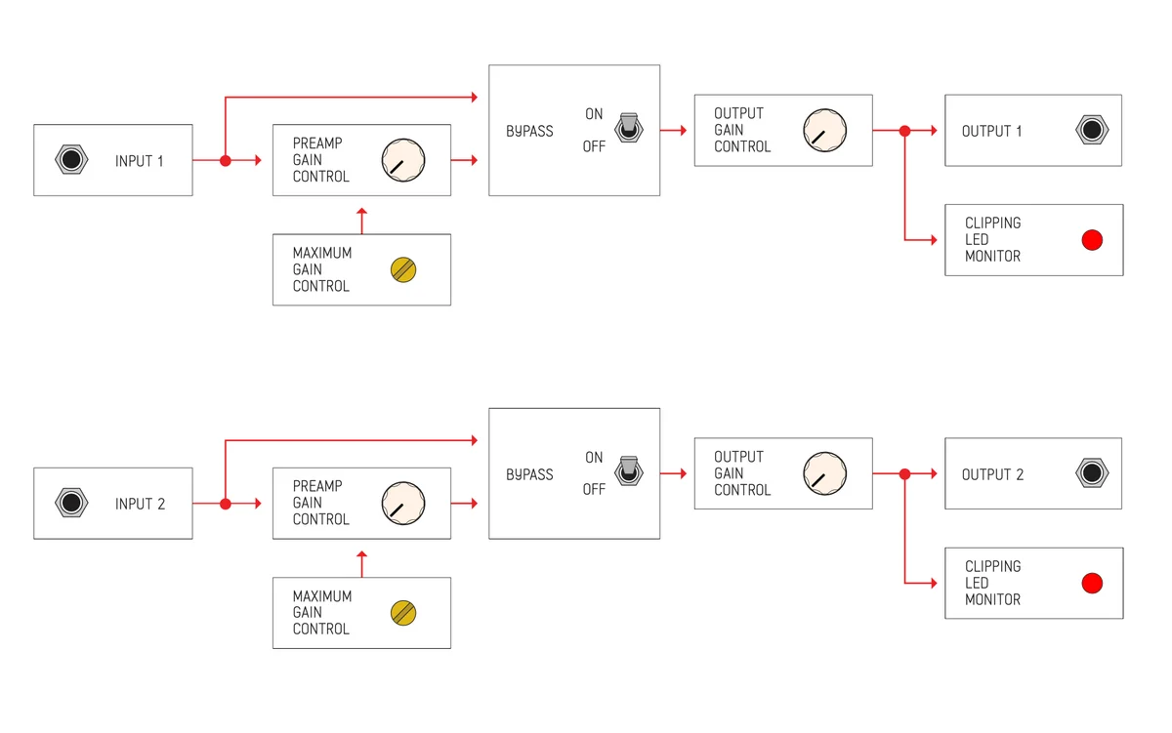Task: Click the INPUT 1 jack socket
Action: click(x=70, y=160)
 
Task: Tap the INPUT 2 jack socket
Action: click(x=70, y=504)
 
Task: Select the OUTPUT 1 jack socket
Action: click(x=1091, y=130)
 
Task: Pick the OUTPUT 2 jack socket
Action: click(x=1091, y=473)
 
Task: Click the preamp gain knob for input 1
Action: click(x=402, y=160)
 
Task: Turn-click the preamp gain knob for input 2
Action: click(x=402, y=504)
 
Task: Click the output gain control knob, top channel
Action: click(x=823, y=130)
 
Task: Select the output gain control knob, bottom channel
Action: click(x=823, y=473)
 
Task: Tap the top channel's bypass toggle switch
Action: click(x=628, y=128)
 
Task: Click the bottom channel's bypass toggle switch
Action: click(x=628, y=471)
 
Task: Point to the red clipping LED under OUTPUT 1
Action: click(x=1092, y=240)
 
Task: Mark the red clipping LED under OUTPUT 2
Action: click(x=1092, y=584)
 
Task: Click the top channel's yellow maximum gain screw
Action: click(x=403, y=269)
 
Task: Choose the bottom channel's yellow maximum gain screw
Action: click(x=403, y=613)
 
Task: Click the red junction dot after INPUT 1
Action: click(x=226, y=160)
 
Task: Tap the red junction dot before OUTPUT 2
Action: click(x=904, y=473)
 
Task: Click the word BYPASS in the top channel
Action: click(x=529, y=131)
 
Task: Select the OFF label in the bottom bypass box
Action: click(x=594, y=490)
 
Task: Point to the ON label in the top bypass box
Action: click(x=594, y=114)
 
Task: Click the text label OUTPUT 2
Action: click(x=992, y=474)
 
